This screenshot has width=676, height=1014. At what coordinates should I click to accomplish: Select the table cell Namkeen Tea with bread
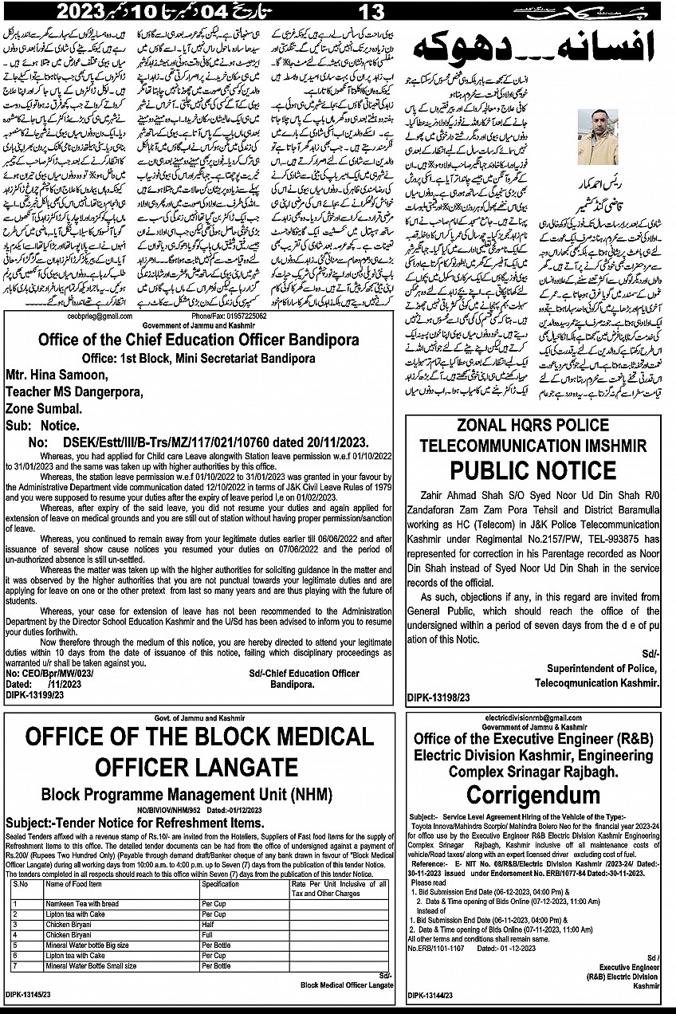pos(82,903)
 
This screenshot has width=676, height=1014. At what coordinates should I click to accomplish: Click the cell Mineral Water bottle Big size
pos(88,945)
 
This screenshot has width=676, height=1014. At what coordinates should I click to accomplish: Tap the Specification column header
pos(221,884)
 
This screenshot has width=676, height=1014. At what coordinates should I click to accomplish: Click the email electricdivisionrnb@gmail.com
pos(530,718)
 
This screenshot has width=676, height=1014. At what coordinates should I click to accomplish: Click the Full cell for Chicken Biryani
pos(208,934)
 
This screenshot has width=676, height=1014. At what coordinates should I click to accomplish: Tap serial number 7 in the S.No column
pos(15,965)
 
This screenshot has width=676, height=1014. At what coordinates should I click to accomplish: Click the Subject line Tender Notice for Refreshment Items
pos(134,822)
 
